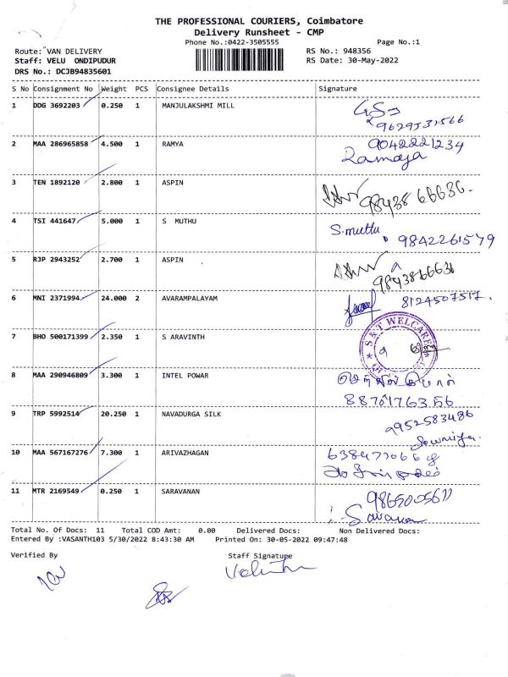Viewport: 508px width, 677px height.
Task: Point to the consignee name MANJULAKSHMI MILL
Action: click(198, 106)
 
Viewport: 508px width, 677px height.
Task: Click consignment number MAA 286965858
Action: click(60, 144)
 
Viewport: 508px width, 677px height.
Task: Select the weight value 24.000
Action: click(113, 298)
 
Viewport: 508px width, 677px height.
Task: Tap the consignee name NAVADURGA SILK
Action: click(193, 414)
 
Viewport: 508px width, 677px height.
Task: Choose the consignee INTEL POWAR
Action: click(185, 375)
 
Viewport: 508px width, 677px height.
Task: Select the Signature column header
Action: click(338, 88)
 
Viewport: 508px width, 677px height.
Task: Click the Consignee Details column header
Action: click(193, 88)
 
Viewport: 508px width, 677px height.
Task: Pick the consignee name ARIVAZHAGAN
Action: click(190, 453)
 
